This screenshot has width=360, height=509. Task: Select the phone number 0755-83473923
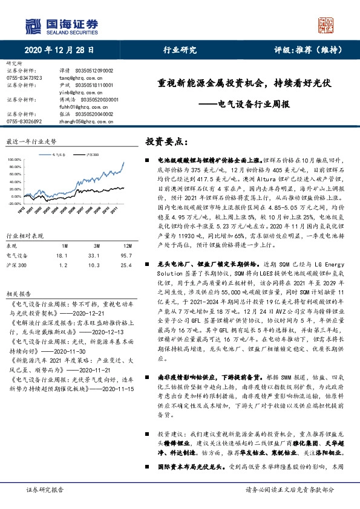click(x=24, y=77)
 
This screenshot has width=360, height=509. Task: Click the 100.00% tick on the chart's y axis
click(x=13, y=160)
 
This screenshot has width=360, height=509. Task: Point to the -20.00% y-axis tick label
click(x=13, y=187)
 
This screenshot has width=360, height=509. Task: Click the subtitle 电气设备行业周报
click(x=253, y=103)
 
